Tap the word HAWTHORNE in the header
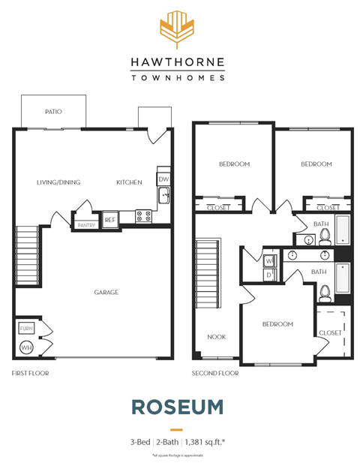pos(177,63)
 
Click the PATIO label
pos(52,111)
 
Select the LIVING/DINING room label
pos(58,182)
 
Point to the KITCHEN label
pos(129,182)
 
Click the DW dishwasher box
pos(163,179)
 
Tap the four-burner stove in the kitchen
pos(143,216)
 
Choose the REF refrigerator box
pos(110,220)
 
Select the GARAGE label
pos(106,293)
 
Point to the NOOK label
pos(217,337)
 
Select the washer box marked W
pos(269,261)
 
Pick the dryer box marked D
pos(269,275)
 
